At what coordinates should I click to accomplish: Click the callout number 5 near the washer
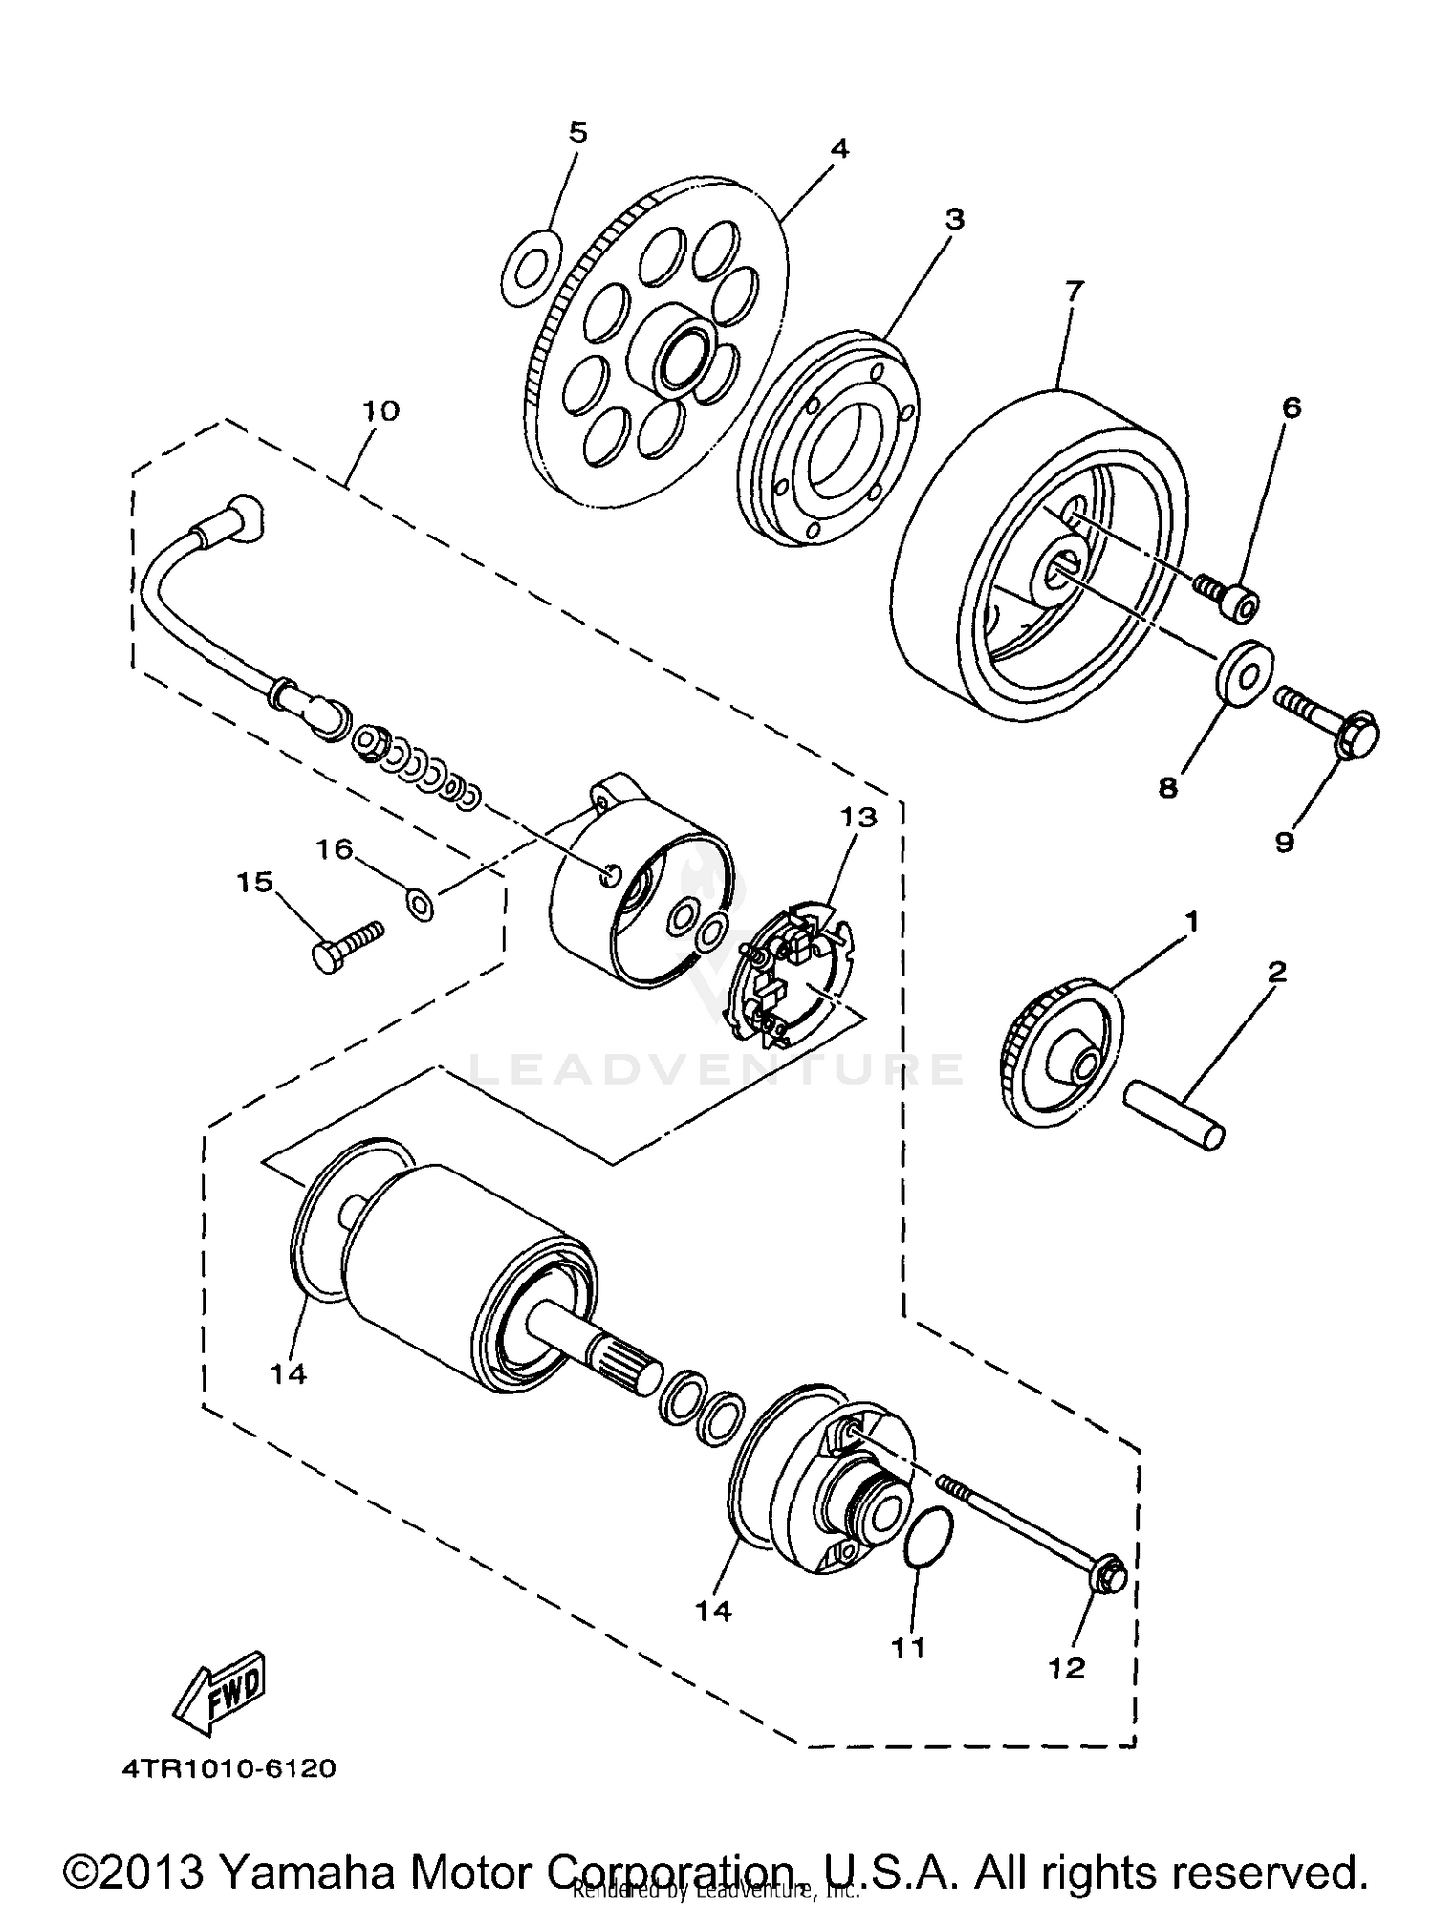(577, 132)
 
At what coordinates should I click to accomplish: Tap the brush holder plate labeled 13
(787, 976)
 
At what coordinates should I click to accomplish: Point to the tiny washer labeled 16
(420, 902)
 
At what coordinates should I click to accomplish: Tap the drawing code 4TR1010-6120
(228, 1768)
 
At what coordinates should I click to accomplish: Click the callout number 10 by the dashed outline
(380, 411)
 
